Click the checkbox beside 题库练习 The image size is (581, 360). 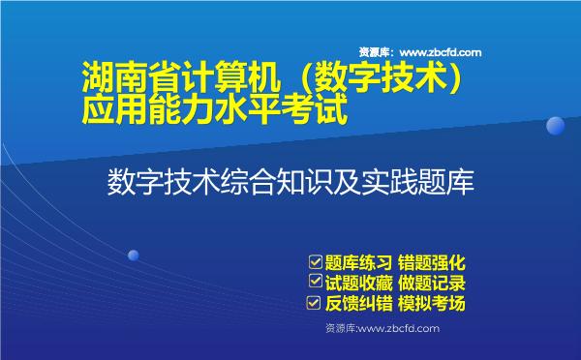[x=314, y=261]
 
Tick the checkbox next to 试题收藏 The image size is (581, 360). [x=314, y=283]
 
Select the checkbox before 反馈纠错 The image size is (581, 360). [x=314, y=304]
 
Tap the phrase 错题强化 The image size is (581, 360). [x=434, y=261]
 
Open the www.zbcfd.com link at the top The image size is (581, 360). [x=441, y=52]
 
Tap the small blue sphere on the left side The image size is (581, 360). [x=133, y=255]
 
